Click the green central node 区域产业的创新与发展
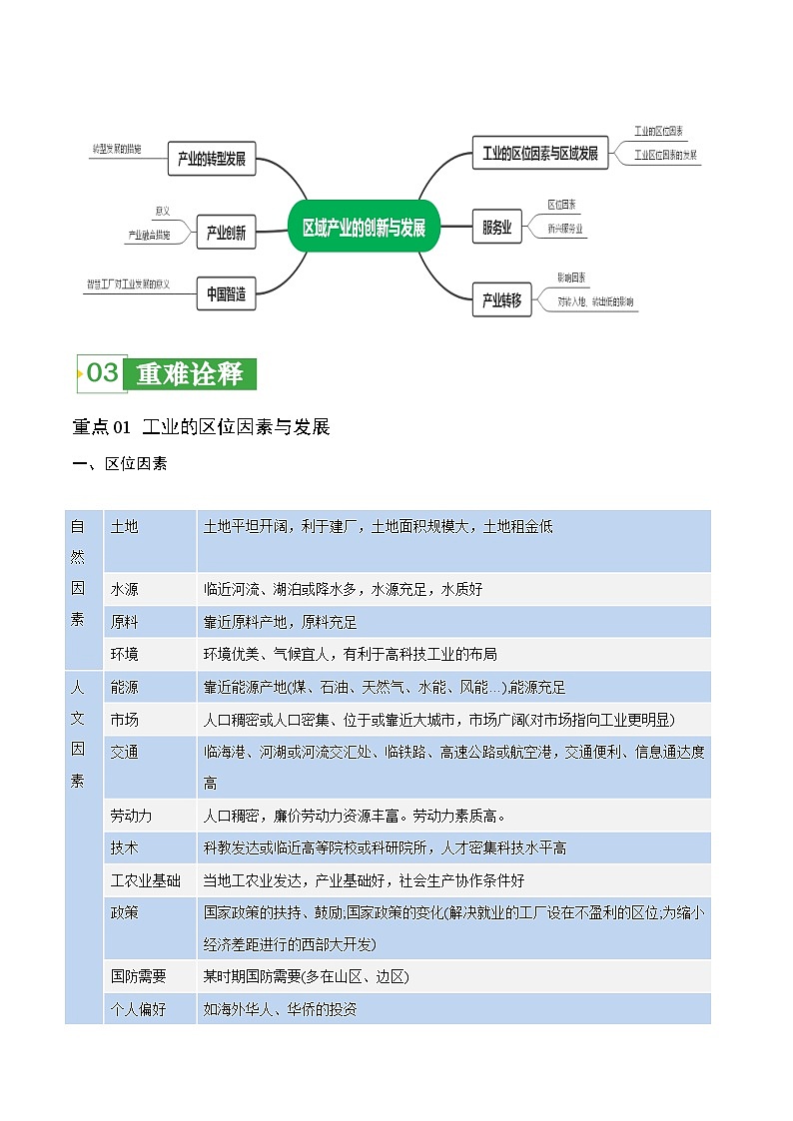[364, 228]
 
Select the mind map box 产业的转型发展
[212, 158]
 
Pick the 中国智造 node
[226, 293]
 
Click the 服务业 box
[496, 228]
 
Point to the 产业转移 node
[501, 299]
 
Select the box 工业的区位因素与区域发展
[539, 153]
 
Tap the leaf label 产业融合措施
[149, 235]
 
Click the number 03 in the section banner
[103, 373]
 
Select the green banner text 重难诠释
[190, 374]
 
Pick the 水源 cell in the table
[125, 589]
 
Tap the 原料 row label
[125, 622]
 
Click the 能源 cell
[125, 687]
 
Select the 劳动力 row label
[132, 816]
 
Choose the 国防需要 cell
[139, 976]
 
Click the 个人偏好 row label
[139, 1009]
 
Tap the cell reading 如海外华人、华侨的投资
[280, 1009]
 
